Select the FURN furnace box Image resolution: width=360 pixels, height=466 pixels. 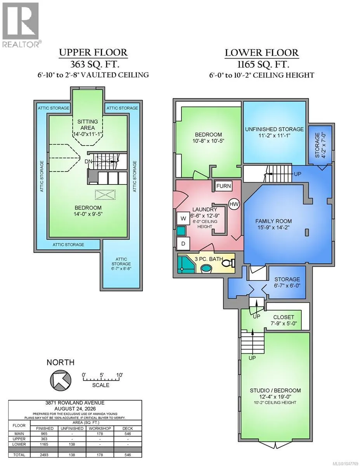pos(223,186)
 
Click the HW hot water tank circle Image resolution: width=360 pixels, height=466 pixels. pos(234,204)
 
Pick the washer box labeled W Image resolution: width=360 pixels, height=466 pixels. pos(183,219)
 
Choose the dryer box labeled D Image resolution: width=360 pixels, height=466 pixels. pos(183,243)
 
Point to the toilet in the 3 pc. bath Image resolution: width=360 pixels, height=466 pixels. pos(229,263)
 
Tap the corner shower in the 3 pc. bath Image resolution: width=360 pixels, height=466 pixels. pos(186,264)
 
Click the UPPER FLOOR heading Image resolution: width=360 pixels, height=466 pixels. pos(93,52)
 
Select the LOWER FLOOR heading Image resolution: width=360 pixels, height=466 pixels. pos(262,53)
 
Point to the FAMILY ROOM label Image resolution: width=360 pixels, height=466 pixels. pos(273,221)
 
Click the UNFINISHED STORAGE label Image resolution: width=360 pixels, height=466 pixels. pos(275,129)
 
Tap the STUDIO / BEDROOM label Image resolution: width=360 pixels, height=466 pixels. pos(275,390)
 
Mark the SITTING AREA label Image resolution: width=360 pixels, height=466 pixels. pos(87,125)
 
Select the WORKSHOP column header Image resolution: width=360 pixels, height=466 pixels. pos(100,428)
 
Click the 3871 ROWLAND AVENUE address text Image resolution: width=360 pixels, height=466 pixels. pos(75,403)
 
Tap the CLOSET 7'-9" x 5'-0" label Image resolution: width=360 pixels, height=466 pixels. pos(283,320)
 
